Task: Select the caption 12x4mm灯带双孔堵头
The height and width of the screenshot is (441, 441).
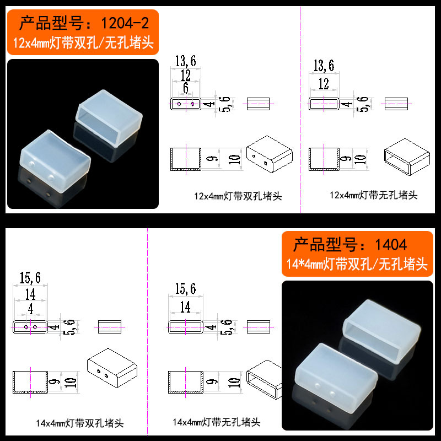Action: (x=238, y=196)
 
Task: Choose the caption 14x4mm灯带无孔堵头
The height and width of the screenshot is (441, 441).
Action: (x=217, y=422)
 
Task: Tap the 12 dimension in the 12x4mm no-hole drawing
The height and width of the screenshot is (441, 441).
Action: (x=324, y=84)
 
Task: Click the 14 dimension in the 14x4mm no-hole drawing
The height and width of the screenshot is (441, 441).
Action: (x=185, y=306)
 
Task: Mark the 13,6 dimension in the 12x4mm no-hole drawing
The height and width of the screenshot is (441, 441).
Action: (x=324, y=66)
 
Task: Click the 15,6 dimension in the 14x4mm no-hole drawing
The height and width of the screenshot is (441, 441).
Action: (x=185, y=288)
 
